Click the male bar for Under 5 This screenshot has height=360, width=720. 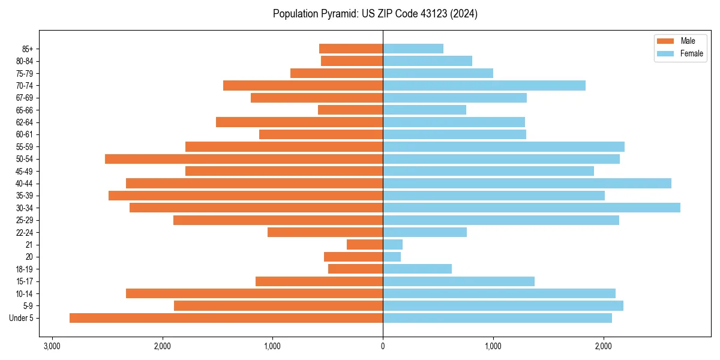point(226,318)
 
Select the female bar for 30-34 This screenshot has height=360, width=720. point(532,208)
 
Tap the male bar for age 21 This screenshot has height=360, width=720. point(365,244)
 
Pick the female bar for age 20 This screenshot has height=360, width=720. point(392,257)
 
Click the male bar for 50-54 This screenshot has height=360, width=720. point(244,159)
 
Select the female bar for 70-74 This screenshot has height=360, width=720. point(484,85)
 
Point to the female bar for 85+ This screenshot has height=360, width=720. point(413,49)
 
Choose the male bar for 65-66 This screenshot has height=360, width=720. point(350,110)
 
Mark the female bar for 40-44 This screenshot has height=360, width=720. point(527,183)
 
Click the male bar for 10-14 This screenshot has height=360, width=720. point(254,293)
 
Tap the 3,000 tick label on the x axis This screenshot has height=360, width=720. point(52,346)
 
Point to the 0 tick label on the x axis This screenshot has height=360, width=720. point(383,346)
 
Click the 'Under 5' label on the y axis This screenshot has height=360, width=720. point(22,318)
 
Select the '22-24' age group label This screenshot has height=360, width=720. point(24,232)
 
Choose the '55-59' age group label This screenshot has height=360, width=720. point(24,146)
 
